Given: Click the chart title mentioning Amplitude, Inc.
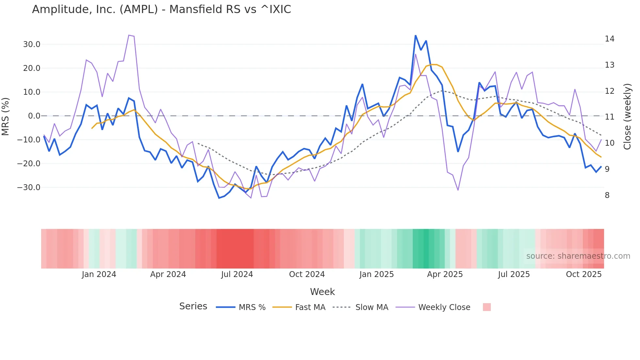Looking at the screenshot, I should pos(161,9).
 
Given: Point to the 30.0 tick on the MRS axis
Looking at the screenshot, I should pos(31,44).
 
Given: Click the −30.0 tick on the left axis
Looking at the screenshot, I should pos(29,188).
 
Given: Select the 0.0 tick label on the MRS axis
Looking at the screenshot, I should pos(34,116).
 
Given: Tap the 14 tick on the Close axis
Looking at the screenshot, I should pos(609,39).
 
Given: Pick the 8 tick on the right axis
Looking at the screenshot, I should pos(607,195).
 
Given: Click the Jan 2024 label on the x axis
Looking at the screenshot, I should pos(99,274).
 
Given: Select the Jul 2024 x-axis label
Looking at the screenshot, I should pos(237,274).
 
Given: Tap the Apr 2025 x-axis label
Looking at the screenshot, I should pos(445,274).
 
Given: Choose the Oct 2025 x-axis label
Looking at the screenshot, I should pos(584,274).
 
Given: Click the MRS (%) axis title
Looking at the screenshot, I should pos(6,116).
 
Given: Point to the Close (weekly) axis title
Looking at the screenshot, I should pos(627,117).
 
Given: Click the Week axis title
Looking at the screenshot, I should pos(322,292).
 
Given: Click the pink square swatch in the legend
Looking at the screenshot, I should pos(487,307).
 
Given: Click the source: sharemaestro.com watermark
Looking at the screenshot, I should pos(578,256).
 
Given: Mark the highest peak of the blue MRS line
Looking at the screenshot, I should pos(415,35).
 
